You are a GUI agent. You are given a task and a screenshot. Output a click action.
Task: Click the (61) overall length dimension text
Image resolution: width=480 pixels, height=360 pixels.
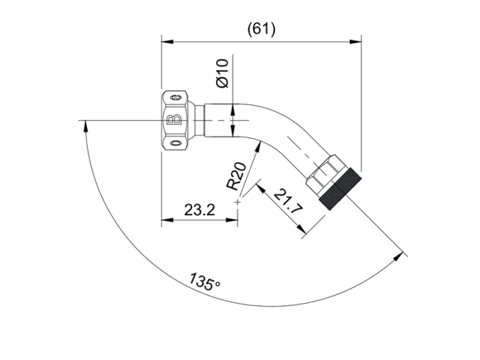pos(261,29)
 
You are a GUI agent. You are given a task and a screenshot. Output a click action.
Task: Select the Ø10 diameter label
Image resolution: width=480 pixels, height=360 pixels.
pos(222,73)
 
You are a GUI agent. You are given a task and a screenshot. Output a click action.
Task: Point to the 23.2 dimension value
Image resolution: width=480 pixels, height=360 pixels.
pos(200,210)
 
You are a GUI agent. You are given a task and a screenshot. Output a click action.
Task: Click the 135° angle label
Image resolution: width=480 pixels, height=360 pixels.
pos(204,282)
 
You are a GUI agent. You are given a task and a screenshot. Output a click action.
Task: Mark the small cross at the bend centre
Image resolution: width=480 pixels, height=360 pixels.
pos(237,202)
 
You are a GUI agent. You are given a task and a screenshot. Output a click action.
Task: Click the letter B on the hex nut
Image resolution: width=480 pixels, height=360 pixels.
pos(174,120)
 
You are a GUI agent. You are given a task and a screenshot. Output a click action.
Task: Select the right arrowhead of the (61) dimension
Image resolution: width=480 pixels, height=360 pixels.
pos(355,41)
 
